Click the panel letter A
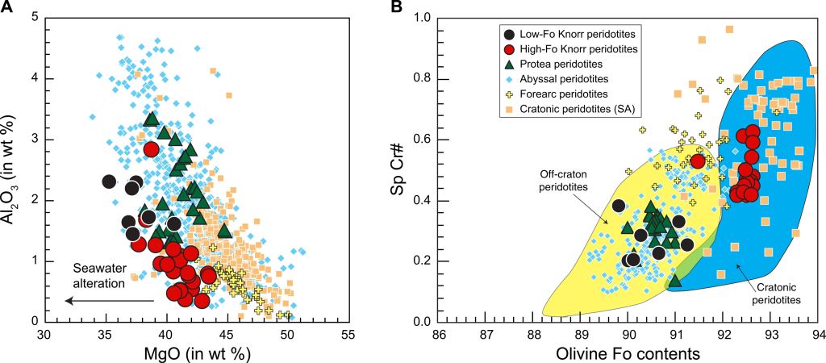(x=6, y=7)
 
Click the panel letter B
(x=419, y=7)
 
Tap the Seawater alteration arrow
(x=109, y=301)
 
